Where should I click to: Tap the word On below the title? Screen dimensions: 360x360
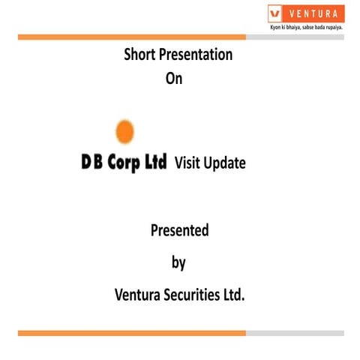click(173, 77)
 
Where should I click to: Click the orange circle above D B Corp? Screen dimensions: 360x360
click(124, 132)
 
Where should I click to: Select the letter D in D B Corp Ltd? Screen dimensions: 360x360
click(87, 162)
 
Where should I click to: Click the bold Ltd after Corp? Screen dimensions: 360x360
click(155, 162)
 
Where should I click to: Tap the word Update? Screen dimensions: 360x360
click(226, 163)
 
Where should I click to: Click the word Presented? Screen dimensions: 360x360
click(179, 230)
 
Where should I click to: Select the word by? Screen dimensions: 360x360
click(178, 263)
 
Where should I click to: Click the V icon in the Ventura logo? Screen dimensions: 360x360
click(276, 13)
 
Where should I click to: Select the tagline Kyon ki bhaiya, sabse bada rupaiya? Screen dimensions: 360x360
click(306, 28)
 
